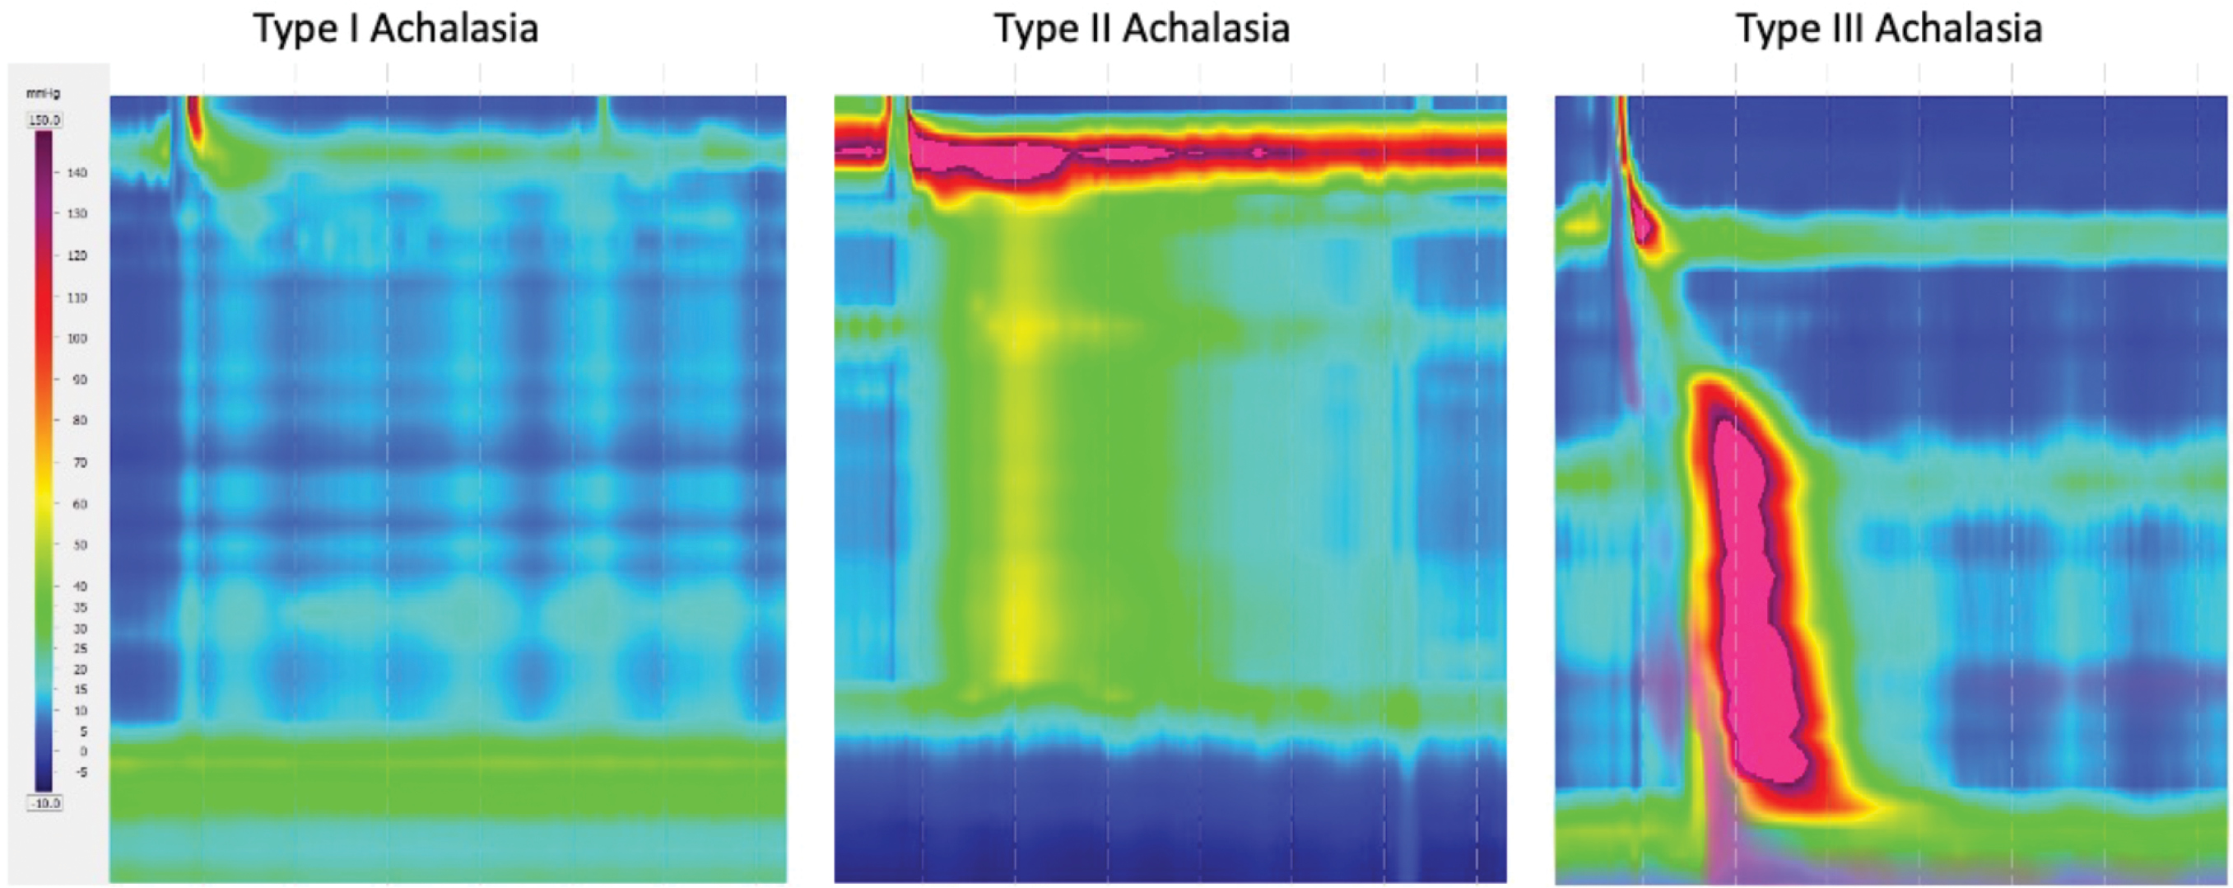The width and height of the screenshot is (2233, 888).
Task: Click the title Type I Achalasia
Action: pyautogui.click(x=395, y=28)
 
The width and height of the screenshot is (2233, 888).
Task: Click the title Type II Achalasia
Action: pyautogui.click(x=1142, y=28)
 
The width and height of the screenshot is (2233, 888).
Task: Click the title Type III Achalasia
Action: pyautogui.click(x=1889, y=28)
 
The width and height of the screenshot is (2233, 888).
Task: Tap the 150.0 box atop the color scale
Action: pyautogui.click(x=45, y=120)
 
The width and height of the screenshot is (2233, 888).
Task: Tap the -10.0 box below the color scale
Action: pyautogui.click(x=45, y=803)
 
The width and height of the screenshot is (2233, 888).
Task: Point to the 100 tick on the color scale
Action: pyautogui.click(x=77, y=339)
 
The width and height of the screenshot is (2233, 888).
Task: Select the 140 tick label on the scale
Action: pyautogui.click(x=77, y=172)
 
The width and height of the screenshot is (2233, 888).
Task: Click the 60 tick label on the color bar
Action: pyautogui.click(x=79, y=504)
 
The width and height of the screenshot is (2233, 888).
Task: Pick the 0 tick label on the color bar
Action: pyautogui.click(x=82, y=751)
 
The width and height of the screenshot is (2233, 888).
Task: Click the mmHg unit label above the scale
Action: pyautogui.click(x=44, y=93)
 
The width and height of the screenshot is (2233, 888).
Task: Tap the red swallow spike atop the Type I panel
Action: pyautogui.click(x=193, y=121)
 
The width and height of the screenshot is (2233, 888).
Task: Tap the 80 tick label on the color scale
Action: pyautogui.click(x=79, y=421)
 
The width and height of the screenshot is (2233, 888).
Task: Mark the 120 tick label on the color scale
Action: pyautogui.click(x=77, y=256)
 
